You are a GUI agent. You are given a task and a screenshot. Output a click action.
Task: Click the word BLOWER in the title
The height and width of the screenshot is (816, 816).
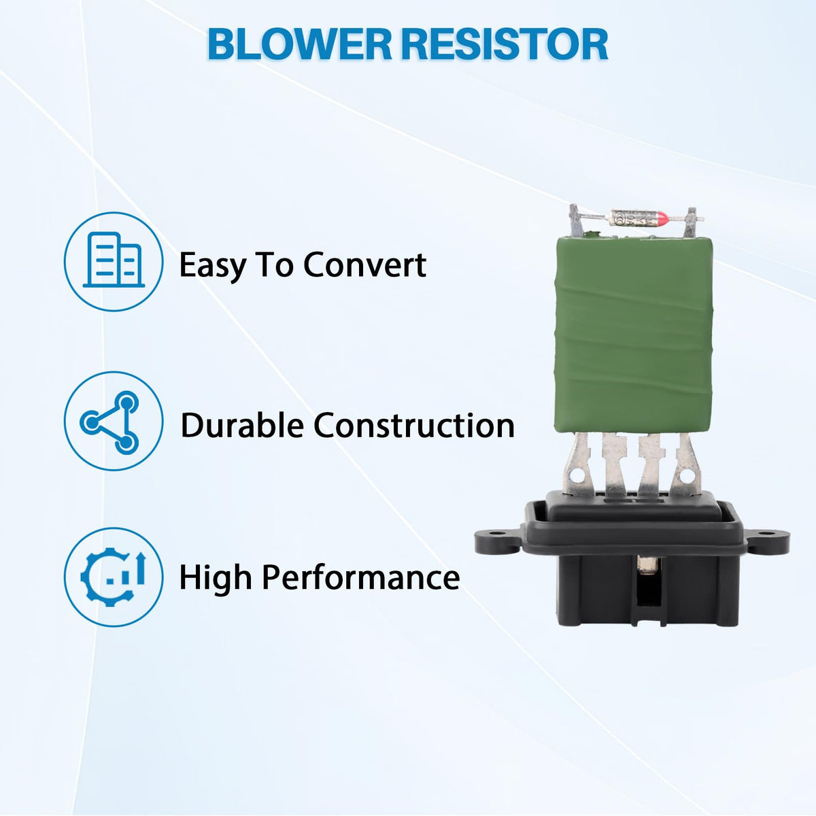[x=299, y=44]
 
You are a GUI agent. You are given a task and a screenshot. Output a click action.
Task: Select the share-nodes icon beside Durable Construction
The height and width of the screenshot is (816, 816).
[x=109, y=422]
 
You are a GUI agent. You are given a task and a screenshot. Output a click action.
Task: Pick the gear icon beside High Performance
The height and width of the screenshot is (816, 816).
[x=113, y=577]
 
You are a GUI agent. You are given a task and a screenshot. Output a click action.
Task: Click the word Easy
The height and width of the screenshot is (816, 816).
[x=212, y=266]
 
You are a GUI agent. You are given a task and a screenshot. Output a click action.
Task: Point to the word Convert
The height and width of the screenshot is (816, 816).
[x=364, y=265]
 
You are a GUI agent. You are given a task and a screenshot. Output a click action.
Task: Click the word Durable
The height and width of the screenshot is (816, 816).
[x=242, y=425]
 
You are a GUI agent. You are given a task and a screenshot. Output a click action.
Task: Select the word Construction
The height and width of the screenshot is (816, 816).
[x=413, y=425]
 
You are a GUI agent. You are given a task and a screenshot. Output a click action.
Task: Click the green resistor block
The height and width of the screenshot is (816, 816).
[x=634, y=335]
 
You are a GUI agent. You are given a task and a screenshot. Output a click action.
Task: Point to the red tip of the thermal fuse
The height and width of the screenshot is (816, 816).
[x=661, y=219]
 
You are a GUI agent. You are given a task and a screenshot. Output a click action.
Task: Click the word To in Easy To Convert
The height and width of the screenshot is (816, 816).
[x=274, y=265]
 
